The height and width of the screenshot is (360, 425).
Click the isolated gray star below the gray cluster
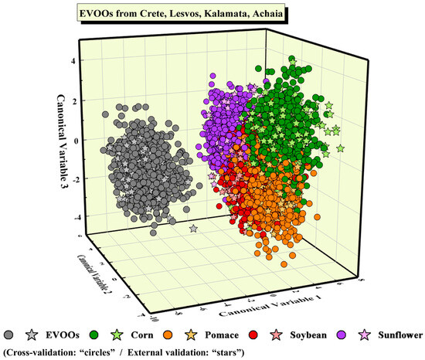pos(192,229)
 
